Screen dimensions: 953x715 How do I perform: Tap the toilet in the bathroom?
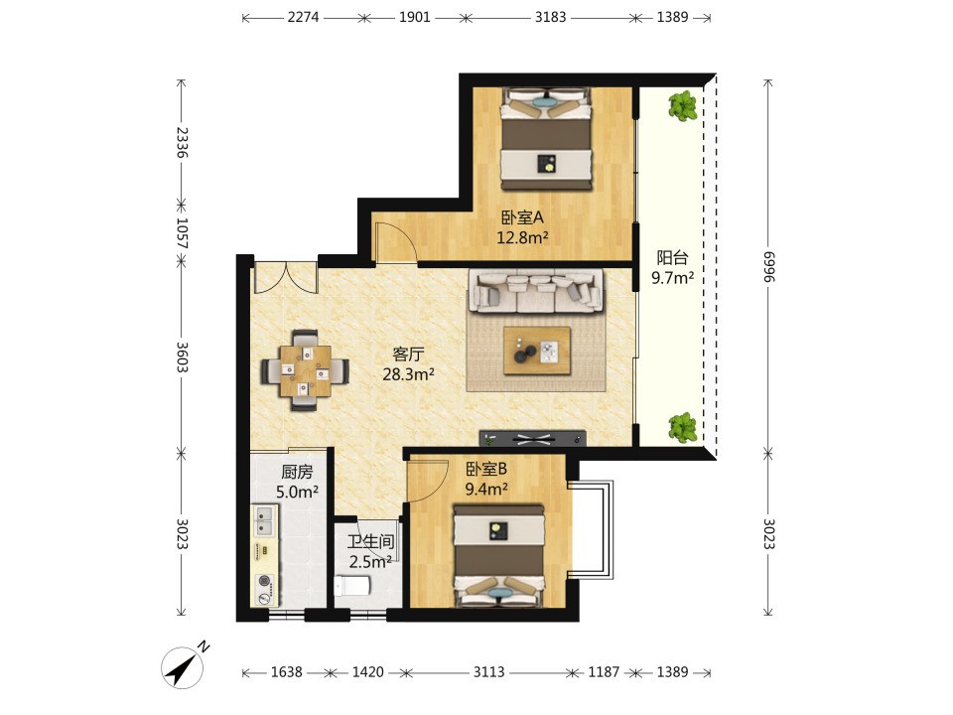click(x=352, y=586)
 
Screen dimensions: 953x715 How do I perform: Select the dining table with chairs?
click(x=305, y=370)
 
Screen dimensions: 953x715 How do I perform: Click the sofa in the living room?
click(x=535, y=291)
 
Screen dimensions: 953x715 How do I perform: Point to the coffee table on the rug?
click(x=537, y=351)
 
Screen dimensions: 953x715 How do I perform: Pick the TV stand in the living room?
click(x=533, y=438)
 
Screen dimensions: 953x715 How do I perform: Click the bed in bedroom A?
click(x=546, y=139)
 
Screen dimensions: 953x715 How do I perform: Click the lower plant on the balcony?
click(x=683, y=427)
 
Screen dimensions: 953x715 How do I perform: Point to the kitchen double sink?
click(x=265, y=521)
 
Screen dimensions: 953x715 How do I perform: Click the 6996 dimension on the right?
click(x=768, y=266)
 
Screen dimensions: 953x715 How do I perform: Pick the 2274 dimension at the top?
click(x=303, y=17)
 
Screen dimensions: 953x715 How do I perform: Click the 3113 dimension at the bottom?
click(x=488, y=672)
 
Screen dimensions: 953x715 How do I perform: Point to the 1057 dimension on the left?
click(x=181, y=232)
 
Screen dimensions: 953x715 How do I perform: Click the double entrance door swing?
click(x=286, y=277)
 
